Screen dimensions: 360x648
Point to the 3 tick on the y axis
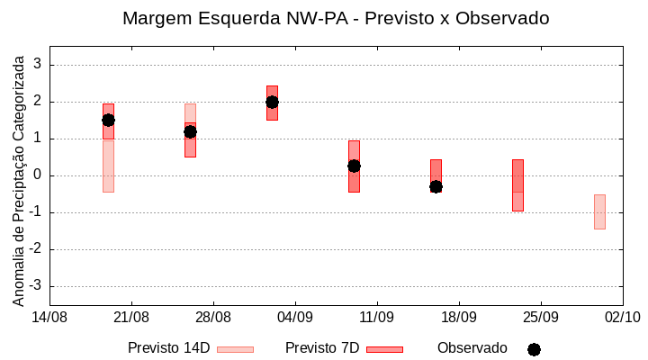37,65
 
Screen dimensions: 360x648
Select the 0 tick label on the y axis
37,175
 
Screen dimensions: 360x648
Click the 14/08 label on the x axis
49,317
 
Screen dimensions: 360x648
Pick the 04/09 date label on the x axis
295,317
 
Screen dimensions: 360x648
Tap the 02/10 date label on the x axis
622,317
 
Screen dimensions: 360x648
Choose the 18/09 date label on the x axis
459,317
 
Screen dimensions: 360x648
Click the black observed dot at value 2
272,102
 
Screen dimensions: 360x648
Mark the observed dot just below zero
436,186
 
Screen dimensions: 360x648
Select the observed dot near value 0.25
354,166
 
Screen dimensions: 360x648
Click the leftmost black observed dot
108,120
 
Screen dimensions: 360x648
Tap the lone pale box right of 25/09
599,211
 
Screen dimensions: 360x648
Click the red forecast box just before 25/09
517,184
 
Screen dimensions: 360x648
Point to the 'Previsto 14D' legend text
168,348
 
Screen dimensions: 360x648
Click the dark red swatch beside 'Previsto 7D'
384,349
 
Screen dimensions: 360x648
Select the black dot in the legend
534,349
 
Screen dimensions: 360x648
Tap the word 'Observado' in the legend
472,348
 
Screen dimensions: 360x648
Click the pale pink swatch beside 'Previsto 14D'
235,349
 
